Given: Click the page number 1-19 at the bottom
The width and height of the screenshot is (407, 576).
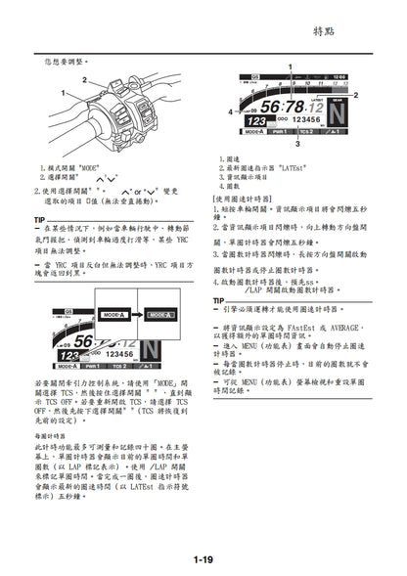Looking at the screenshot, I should tap(203, 558).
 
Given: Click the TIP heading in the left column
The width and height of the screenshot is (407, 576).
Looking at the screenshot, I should tap(40, 219).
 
